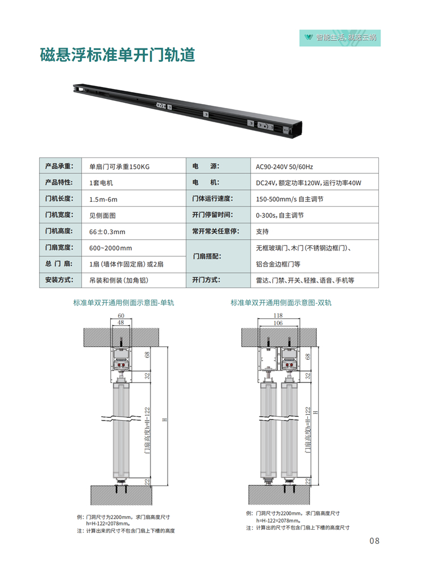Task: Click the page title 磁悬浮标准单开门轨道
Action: click(x=118, y=55)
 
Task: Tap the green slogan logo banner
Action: click(x=340, y=38)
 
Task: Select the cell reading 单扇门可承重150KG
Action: click(x=119, y=167)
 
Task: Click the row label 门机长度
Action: click(x=60, y=198)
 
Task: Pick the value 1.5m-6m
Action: click(x=103, y=199)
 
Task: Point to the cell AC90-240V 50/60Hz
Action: click(x=284, y=167)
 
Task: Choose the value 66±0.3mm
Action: click(x=107, y=232)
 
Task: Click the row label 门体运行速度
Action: click(x=212, y=198)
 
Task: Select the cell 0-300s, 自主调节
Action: click(x=280, y=215)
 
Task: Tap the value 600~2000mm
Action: click(x=111, y=248)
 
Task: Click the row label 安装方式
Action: click(x=60, y=280)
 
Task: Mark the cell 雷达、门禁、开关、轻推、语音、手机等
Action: click(x=305, y=280)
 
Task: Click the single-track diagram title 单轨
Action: click(x=123, y=302)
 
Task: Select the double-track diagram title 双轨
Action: click(x=281, y=302)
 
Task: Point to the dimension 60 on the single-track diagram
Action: click(x=121, y=316)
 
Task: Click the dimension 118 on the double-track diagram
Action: click(x=278, y=315)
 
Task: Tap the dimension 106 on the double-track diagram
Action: click(x=278, y=323)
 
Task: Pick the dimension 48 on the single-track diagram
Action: click(x=121, y=323)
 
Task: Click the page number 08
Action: click(x=374, y=541)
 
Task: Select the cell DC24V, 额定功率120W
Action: click(x=308, y=183)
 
